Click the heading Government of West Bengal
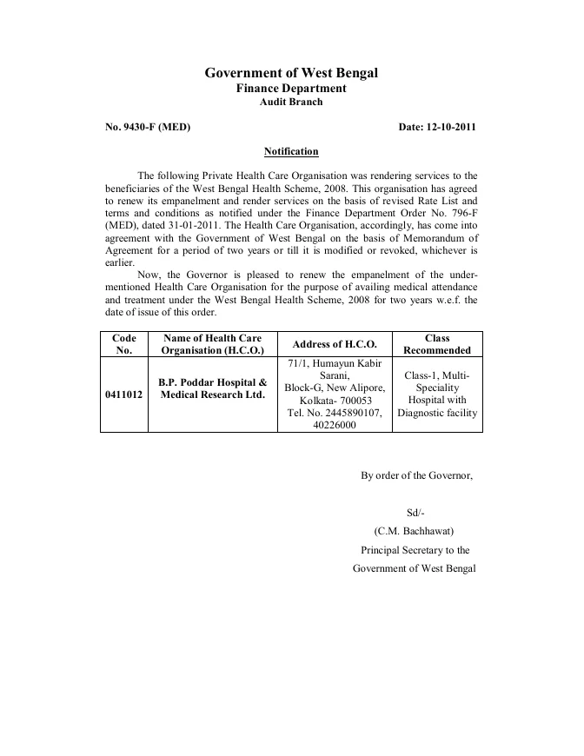click(291, 73)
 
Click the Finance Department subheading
click(291, 89)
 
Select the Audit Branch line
click(291, 102)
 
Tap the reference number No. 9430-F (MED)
click(148, 127)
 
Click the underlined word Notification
click(291, 151)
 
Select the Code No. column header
click(123, 344)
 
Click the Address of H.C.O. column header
click(335, 344)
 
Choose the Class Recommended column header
click(437, 344)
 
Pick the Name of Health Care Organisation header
click(212, 344)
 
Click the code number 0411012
click(123, 394)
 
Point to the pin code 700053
click(352, 401)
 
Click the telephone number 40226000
click(335, 425)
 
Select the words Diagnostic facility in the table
click(437, 413)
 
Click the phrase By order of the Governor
click(416, 474)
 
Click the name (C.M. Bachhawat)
click(415, 531)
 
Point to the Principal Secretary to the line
click(415, 550)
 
